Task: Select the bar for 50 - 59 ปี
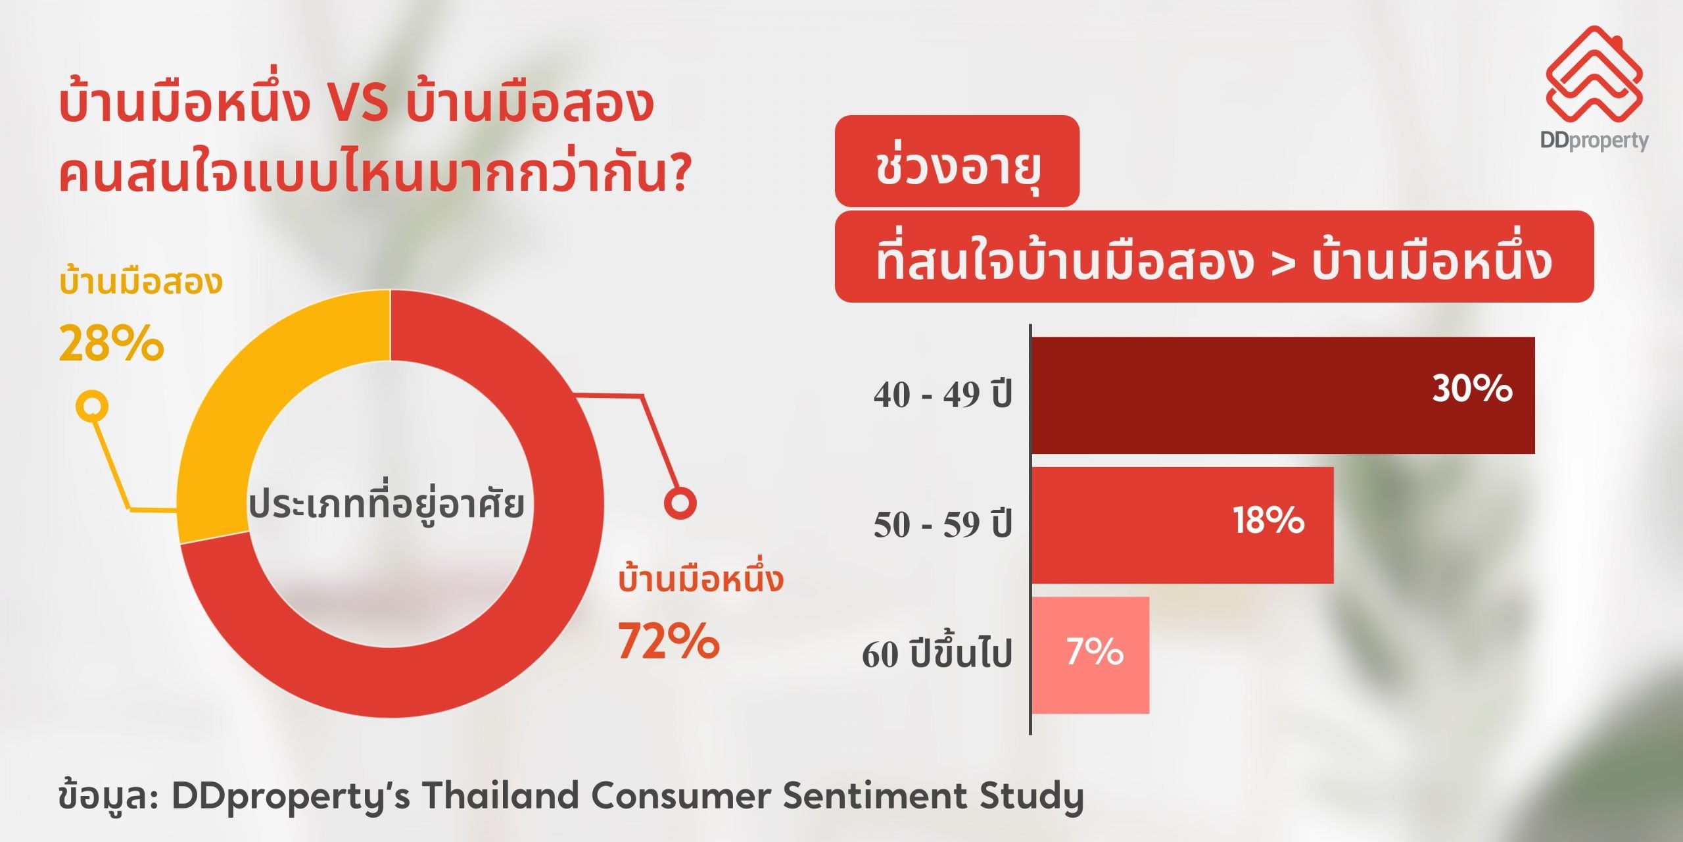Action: point(1183,525)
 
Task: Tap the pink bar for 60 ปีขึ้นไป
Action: point(1091,655)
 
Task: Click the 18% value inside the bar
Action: point(1269,520)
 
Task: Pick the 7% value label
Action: point(1095,651)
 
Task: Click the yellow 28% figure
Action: point(111,343)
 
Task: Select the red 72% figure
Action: point(669,640)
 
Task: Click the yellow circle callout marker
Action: point(92,405)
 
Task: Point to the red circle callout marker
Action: point(680,503)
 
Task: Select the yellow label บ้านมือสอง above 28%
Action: point(141,281)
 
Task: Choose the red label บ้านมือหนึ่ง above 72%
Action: point(701,579)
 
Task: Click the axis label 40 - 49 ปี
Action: point(943,395)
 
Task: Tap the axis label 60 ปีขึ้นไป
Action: point(937,653)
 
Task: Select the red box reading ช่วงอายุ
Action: point(957,161)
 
